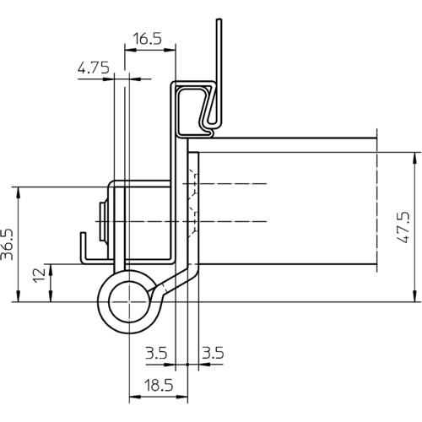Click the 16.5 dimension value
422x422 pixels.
[x=147, y=39]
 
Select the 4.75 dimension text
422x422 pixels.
[x=94, y=68]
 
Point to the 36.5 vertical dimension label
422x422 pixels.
[x=8, y=244]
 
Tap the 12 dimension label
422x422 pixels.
[x=39, y=275]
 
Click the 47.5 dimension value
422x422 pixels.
[x=403, y=227]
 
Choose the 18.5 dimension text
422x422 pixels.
[x=159, y=385]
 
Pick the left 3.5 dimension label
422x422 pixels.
[x=156, y=353]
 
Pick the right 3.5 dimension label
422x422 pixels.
[x=213, y=353]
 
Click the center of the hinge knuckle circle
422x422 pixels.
[x=129, y=302]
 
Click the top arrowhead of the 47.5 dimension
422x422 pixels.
[x=415, y=159]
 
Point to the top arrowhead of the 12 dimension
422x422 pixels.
[x=51, y=270]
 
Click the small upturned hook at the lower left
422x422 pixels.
[x=84, y=247]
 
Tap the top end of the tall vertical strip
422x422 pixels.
[x=219, y=19]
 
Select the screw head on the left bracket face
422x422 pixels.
[x=104, y=222]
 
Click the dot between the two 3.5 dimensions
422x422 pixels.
[x=187, y=365]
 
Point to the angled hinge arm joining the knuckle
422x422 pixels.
[x=171, y=283]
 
